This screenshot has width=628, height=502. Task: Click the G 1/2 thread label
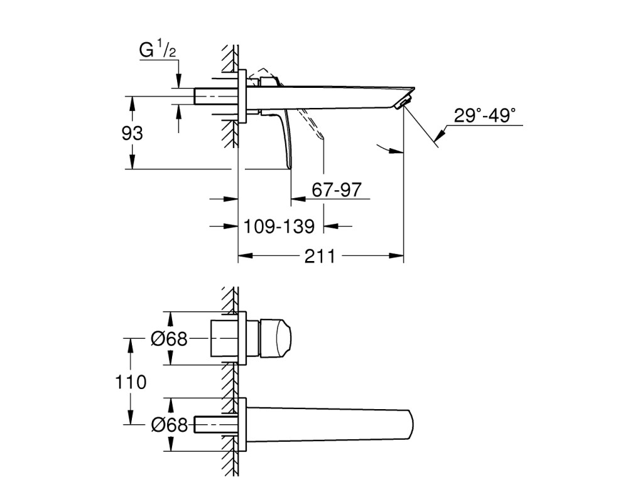click(158, 50)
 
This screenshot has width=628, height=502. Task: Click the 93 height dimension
click(132, 133)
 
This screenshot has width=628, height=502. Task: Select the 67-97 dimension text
click(337, 190)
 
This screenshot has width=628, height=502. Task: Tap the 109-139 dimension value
click(279, 227)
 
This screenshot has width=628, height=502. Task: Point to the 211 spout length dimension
click(320, 256)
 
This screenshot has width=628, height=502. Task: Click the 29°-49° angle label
click(485, 115)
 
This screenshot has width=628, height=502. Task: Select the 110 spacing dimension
click(131, 382)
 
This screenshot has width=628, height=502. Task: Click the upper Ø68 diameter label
click(169, 339)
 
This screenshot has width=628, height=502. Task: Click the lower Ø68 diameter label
click(169, 425)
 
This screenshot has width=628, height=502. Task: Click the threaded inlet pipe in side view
click(216, 97)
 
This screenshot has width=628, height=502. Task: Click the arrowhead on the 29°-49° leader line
click(440, 134)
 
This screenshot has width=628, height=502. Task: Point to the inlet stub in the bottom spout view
click(216, 425)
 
